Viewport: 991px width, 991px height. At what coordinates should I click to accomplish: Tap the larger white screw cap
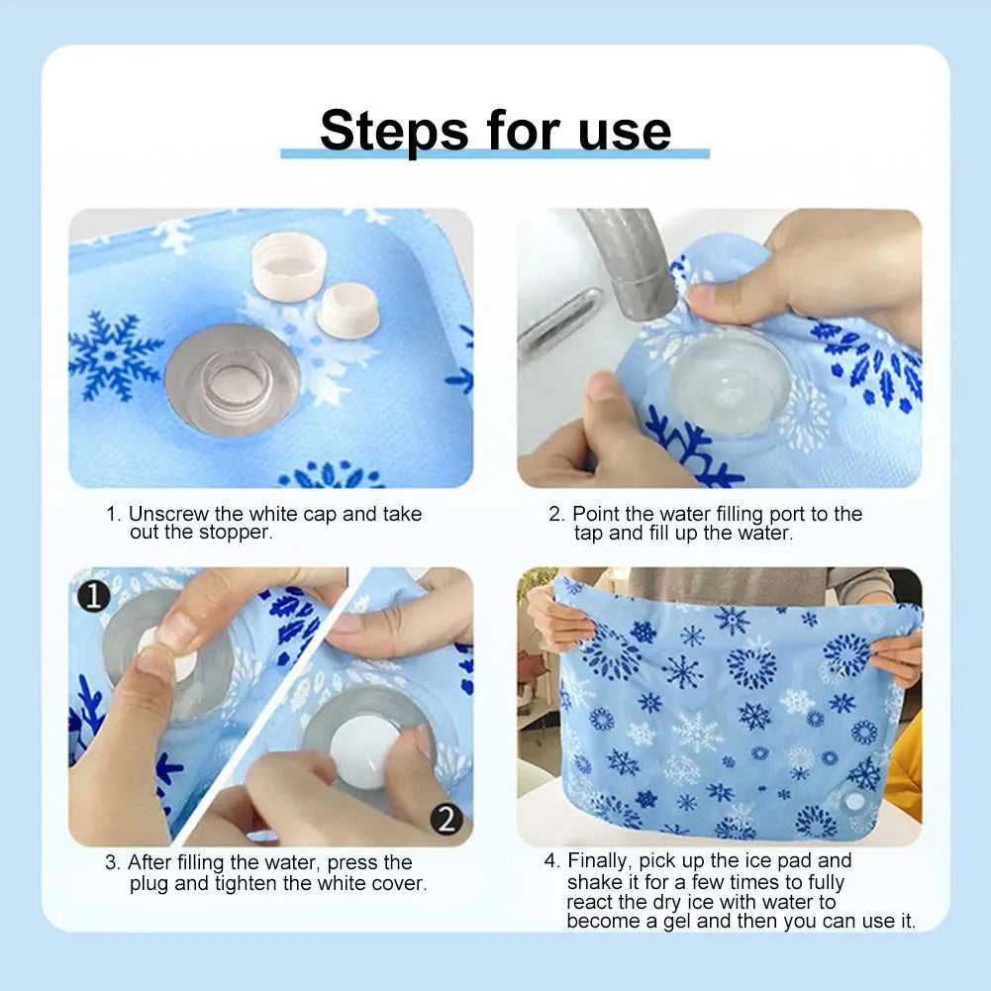pyautogui.click(x=288, y=265)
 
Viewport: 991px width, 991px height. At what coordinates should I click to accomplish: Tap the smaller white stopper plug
pyautogui.click(x=347, y=308)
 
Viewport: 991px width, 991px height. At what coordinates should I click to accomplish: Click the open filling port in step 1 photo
pyautogui.click(x=234, y=378)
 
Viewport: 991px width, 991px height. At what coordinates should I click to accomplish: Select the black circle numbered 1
pyautogui.click(x=94, y=597)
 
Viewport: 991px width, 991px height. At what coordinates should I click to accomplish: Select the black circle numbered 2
pyautogui.click(x=446, y=819)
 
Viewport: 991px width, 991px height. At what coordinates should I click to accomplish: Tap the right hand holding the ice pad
pyautogui.click(x=898, y=653)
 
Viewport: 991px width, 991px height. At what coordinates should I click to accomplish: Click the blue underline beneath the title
pyautogui.click(x=495, y=153)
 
